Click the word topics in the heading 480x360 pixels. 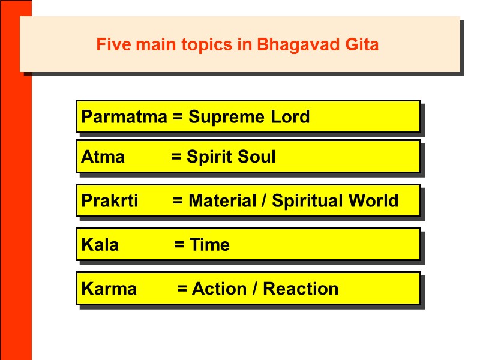[208, 45]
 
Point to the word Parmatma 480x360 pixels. [124, 116]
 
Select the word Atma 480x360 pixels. [103, 157]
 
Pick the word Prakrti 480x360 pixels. [109, 200]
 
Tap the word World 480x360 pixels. [374, 200]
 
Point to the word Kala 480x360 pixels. [100, 245]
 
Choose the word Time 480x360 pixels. [209, 245]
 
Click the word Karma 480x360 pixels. [109, 289]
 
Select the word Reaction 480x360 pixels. [301, 289]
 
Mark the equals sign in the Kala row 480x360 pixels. [179, 245]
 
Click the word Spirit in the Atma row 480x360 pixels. [209, 158]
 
